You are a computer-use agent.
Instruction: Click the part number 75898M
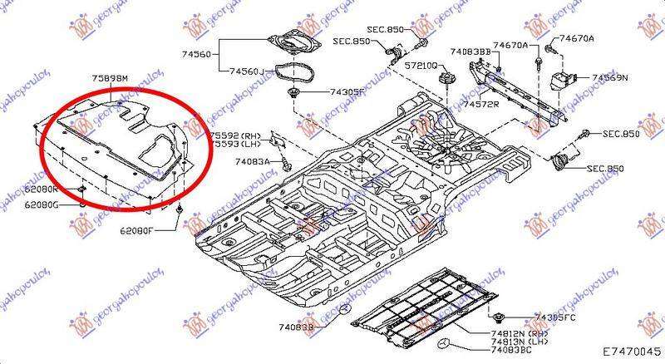[x=111, y=79]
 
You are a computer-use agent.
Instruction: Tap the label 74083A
[x=251, y=162]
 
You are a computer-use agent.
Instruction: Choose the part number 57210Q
[x=421, y=65]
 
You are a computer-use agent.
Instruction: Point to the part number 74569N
[x=609, y=78]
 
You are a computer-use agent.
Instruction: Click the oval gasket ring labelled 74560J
[x=294, y=66]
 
